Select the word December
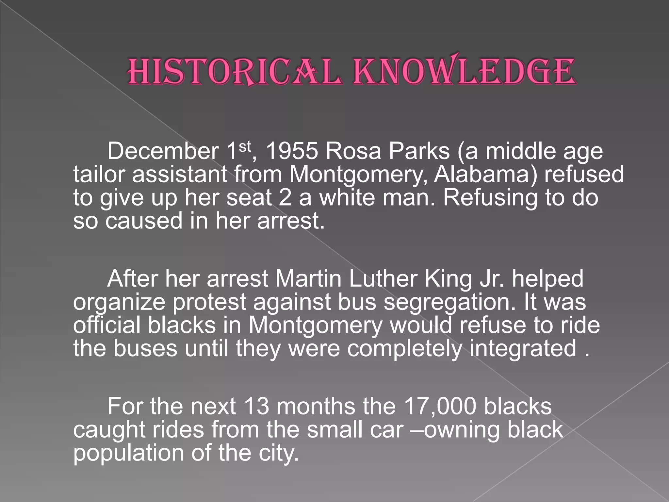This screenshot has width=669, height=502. pyautogui.click(x=163, y=151)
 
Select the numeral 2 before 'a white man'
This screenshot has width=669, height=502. pyautogui.click(x=285, y=197)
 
